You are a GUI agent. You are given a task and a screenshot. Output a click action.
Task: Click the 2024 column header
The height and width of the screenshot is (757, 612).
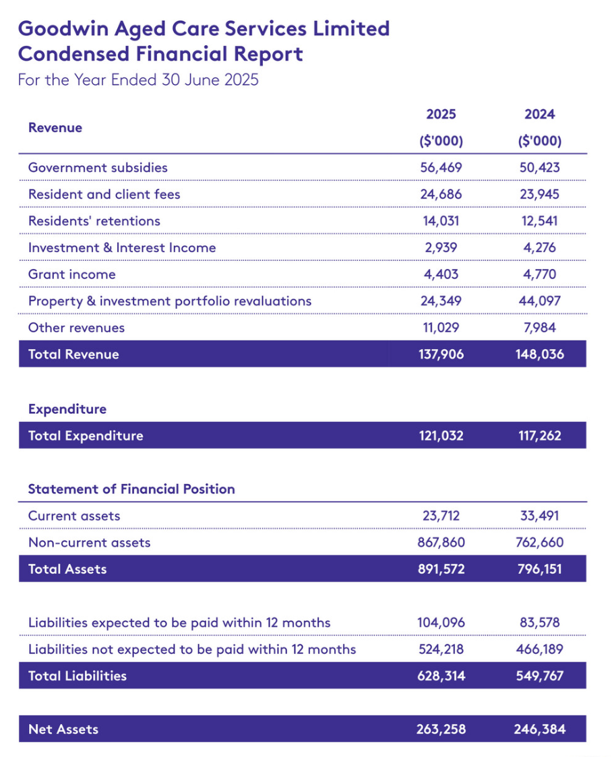click(539, 115)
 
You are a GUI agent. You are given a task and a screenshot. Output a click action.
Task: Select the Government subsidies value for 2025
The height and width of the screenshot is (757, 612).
click(441, 168)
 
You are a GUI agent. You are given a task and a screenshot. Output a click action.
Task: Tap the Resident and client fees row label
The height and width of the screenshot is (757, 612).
click(104, 194)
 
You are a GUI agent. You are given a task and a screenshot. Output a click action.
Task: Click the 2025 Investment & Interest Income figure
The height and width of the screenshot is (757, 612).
click(441, 247)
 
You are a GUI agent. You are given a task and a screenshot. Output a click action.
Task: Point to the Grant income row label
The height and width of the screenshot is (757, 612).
click(71, 274)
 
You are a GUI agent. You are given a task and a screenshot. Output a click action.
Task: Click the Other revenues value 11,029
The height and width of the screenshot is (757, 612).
click(441, 328)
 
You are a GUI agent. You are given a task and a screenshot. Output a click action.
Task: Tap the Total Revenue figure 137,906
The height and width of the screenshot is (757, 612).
click(441, 355)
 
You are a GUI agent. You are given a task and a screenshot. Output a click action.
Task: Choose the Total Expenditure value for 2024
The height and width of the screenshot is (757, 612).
click(539, 435)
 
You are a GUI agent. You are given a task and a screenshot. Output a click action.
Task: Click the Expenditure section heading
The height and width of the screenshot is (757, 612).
click(67, 409)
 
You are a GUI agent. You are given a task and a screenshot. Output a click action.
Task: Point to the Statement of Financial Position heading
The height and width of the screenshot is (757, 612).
click(131, 489)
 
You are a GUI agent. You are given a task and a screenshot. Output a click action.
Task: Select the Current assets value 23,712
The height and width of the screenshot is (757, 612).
click(441, 516)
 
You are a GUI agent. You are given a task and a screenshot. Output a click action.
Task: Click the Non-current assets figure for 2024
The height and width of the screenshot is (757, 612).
click(539, 543)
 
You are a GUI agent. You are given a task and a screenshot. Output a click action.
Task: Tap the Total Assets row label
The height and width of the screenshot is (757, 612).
click(67, 569)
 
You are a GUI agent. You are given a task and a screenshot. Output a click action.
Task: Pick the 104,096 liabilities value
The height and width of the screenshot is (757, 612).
click(441, 622)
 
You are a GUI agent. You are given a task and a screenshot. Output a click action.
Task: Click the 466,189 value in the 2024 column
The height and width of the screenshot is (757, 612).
click(539, 649)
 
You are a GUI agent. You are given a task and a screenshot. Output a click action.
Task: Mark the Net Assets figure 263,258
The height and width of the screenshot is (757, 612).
click(441, 729)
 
